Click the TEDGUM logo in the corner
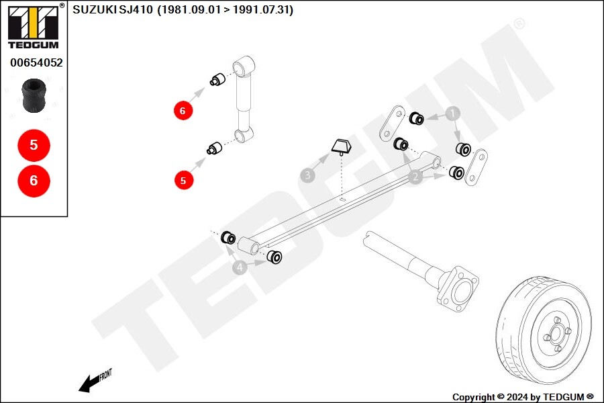point(33,27)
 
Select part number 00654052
point(36,63)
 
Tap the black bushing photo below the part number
point(34,96)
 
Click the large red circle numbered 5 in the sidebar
point(34,144)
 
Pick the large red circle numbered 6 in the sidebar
point(34,180)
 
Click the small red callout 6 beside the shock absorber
point(183,109)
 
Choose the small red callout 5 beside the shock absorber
point(183,179)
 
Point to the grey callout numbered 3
point(307,176)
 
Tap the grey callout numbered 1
point(453,114)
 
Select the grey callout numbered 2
point(415,177)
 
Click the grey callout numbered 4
point(240,268)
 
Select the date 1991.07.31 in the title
point(263,10)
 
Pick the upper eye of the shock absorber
point(243,67)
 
